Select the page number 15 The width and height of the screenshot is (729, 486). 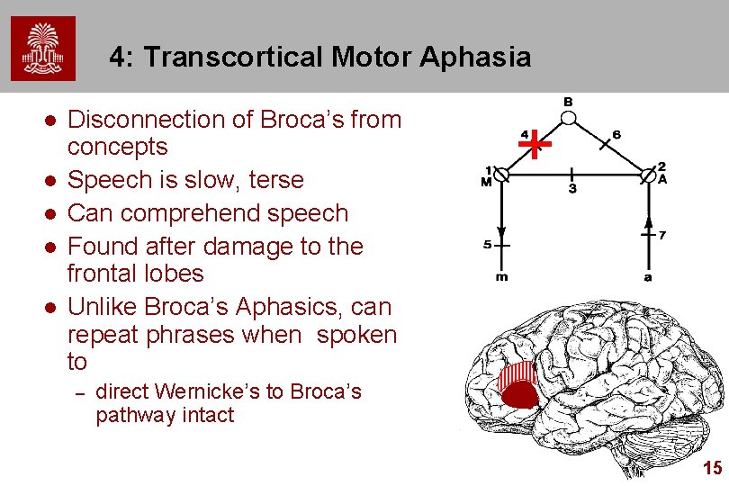point(712,468)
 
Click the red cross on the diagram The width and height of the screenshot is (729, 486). point(535,143)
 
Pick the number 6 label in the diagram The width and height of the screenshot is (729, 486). point(616,134)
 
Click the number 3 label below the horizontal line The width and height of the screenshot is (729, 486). point(572,190)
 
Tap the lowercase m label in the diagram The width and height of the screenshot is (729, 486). point(502,277)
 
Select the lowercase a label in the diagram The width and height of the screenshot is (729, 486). point(648,277)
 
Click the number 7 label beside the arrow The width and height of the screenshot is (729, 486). point(662,236)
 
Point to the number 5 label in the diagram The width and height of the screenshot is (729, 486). point(488,244)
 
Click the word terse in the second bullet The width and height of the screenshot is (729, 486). point(275,180)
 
